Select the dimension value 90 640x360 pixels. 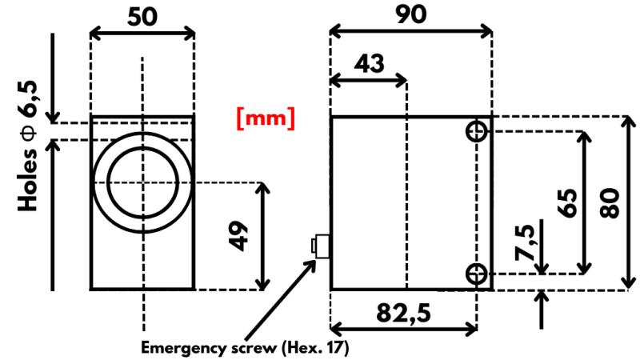(410, 14)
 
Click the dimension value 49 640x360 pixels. (238, 236)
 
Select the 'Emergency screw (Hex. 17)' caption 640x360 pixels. (246, 348)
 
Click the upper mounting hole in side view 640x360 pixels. (477, 131)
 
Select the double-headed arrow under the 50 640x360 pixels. (142, 33)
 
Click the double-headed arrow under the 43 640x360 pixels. (369, 81)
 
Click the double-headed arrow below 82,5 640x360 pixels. (403, 329)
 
